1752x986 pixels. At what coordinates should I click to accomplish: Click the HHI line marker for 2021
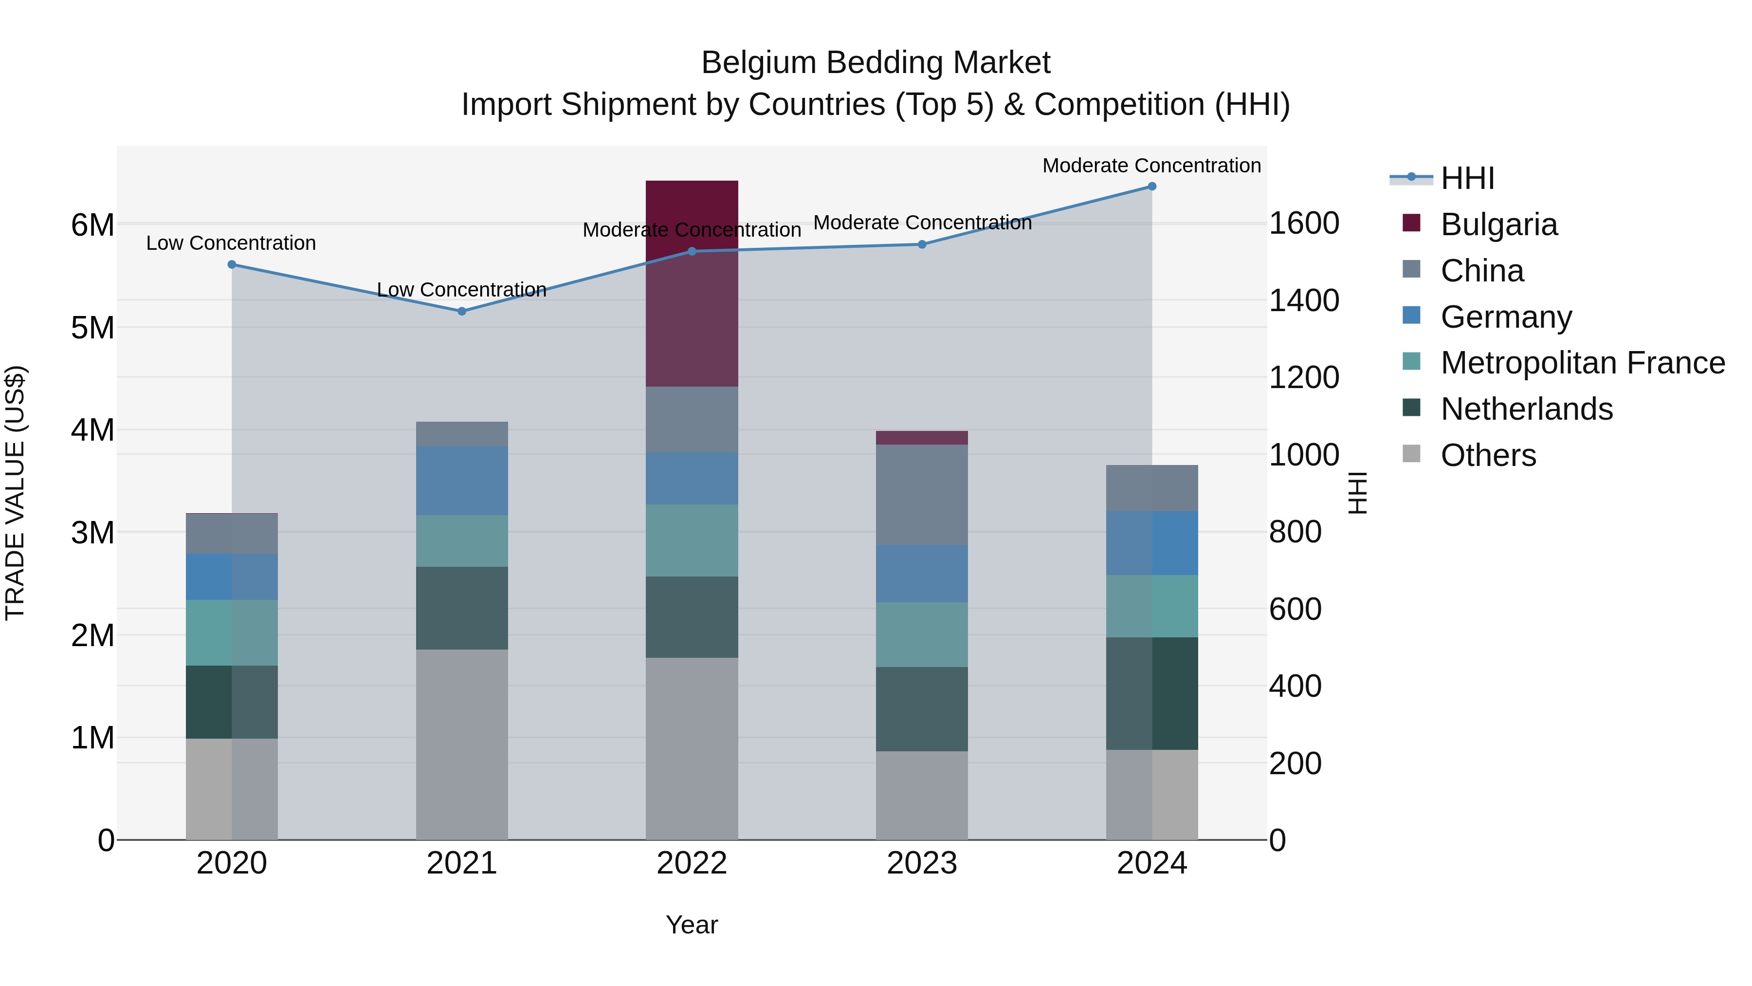pos(462,311)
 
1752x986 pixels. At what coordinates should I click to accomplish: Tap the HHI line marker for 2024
pos(1151,186)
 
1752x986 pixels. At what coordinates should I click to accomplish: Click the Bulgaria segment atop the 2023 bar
pos(922,438)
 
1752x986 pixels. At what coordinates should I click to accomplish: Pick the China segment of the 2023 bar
pos(922,495)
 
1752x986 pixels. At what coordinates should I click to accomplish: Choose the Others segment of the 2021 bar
pos(462,744)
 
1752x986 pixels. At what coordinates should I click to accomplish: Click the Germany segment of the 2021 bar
pos(462,481)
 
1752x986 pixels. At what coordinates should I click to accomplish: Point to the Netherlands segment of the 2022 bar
pos(692,617)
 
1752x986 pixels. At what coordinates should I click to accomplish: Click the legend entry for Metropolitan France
pos(1582,363)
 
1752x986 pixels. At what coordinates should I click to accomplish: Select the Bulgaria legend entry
pos(1498,224)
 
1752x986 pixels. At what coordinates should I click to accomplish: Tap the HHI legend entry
pos(1467,178)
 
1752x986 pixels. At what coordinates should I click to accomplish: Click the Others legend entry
pos(1487,455)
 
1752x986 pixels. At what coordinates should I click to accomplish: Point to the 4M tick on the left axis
pos(92,430)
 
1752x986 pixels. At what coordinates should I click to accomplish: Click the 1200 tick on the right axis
pos(1304,378)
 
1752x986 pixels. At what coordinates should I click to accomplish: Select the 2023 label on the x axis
pos(922,863)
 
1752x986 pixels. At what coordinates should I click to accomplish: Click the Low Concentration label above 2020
pos(231,243)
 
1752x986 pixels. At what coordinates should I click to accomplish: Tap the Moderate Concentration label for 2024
pos(1151,166)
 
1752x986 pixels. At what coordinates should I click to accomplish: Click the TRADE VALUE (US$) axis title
pos(15,493)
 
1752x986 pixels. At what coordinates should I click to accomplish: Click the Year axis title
pos(692,925)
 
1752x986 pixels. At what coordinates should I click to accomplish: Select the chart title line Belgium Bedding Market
pos(876,63)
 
